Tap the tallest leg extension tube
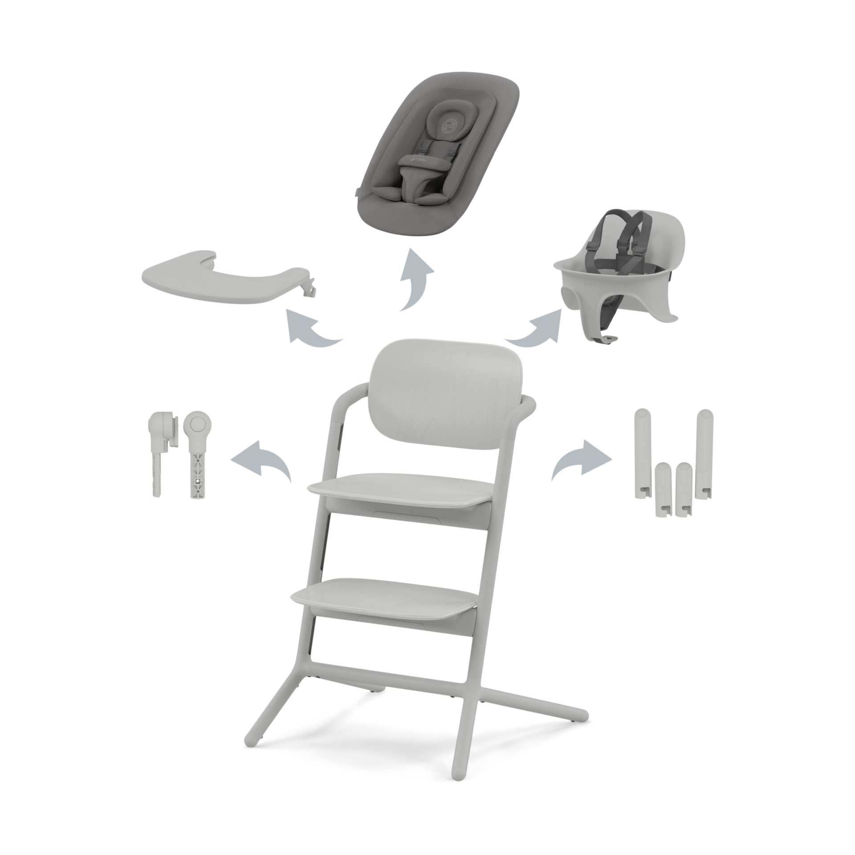coord(704,454)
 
